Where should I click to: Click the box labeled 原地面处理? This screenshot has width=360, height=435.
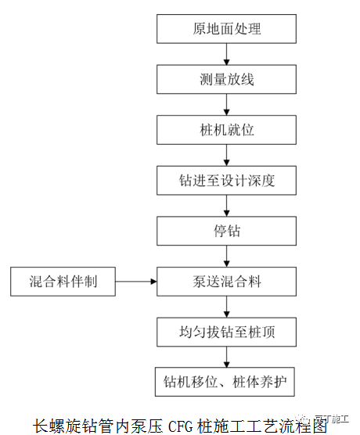(227, 30)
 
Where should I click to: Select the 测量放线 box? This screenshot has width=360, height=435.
(227, 79)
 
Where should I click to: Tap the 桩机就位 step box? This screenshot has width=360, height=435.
(227, 129)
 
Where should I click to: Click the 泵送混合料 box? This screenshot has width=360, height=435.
(227, 280)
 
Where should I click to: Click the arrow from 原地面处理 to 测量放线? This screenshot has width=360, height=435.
(227, 54)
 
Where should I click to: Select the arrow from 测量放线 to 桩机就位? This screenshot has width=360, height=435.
(227, 104)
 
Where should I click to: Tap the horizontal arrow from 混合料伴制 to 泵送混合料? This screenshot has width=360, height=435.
(137, 280)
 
